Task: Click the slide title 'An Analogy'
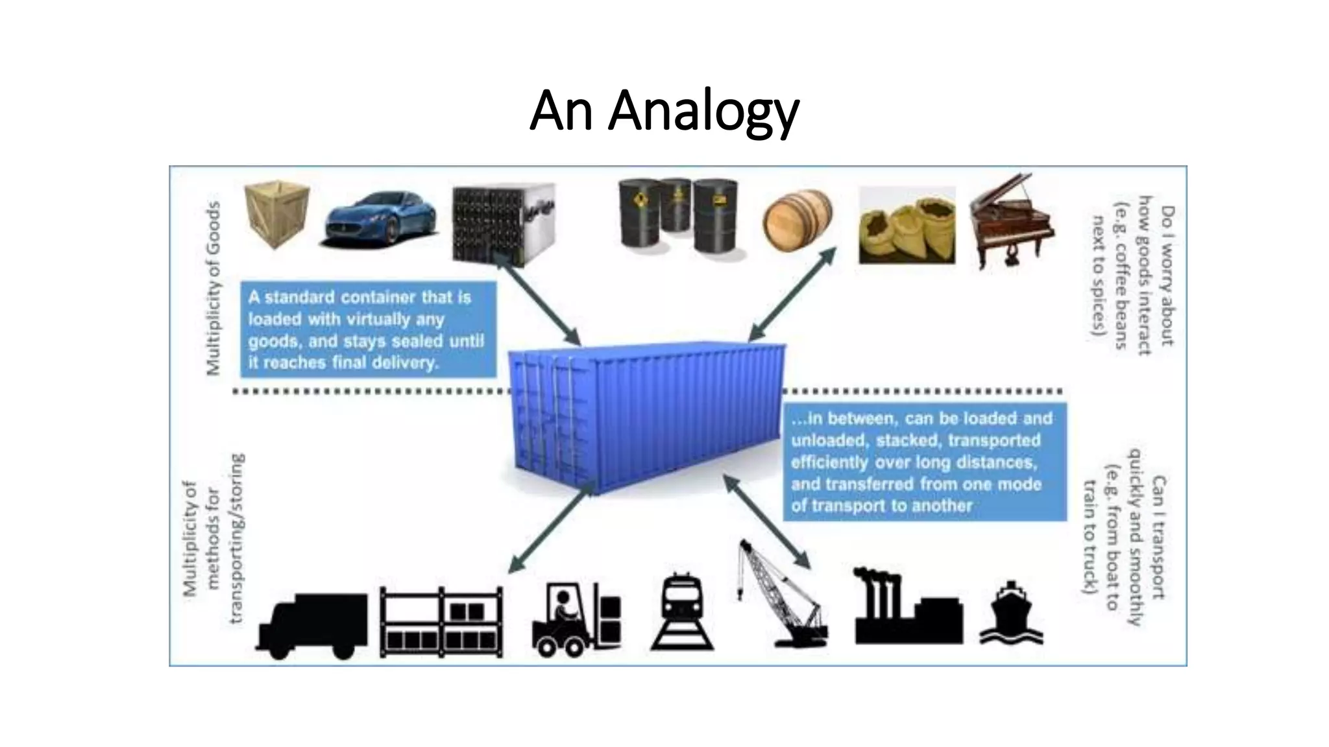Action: (x=664, y=111)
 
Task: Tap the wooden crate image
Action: (x=276, y=215)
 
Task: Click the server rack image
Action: (x=504, y=224)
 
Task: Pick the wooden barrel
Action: (x=798, y=221)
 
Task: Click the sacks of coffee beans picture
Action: (x=907, y=226)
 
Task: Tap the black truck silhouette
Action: (x=312, y=625)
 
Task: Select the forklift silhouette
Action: (x=575, y=619)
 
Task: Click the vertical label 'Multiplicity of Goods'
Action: (x=213, y=288)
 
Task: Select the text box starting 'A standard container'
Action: (x=367, y=329)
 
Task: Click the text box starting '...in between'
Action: (x=924, y=462)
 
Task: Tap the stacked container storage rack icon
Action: (x=441, y=623)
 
